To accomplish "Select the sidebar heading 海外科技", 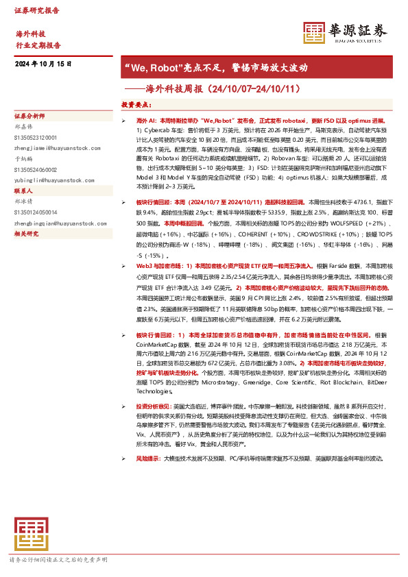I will [30, 34].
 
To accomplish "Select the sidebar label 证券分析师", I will [29, 116].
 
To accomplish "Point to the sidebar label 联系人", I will [24, 191].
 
